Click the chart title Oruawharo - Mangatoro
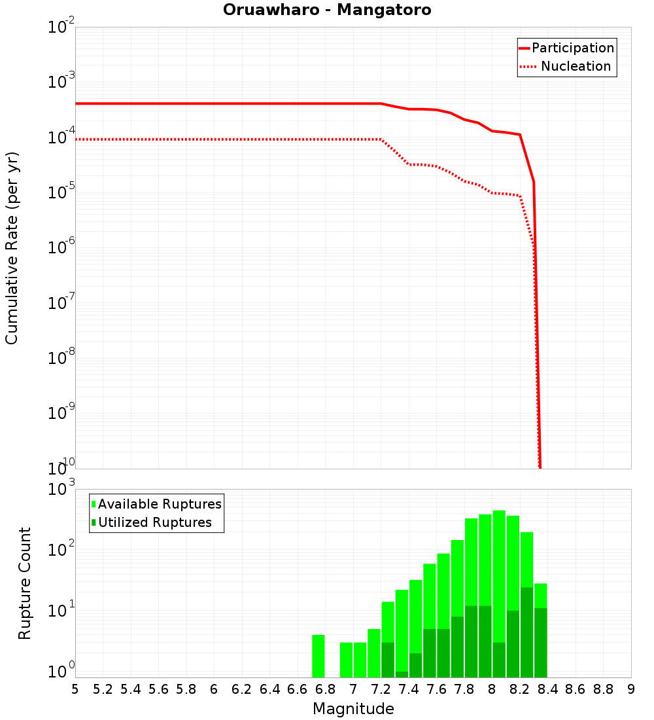[327, 10]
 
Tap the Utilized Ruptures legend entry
[154, 522]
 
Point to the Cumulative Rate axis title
[12, 247]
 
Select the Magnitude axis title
[353, 709]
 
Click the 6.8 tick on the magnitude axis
[325, 689]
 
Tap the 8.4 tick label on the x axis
[547, 689]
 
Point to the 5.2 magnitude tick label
[103, 689]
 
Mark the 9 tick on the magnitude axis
[631, 689]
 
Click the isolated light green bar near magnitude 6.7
[318, 656]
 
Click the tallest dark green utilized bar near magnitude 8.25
[526, 632]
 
